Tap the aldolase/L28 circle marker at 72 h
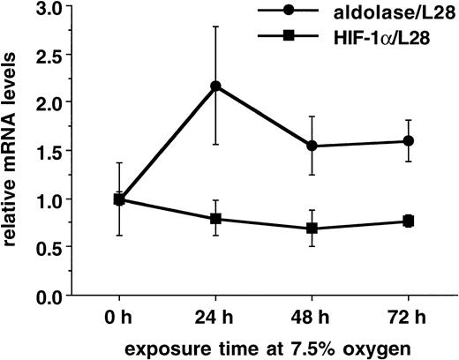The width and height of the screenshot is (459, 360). click(409, 141)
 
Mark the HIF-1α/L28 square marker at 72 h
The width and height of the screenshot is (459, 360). click(409, 221)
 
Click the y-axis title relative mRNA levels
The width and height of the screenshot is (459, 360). click(12, 155)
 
